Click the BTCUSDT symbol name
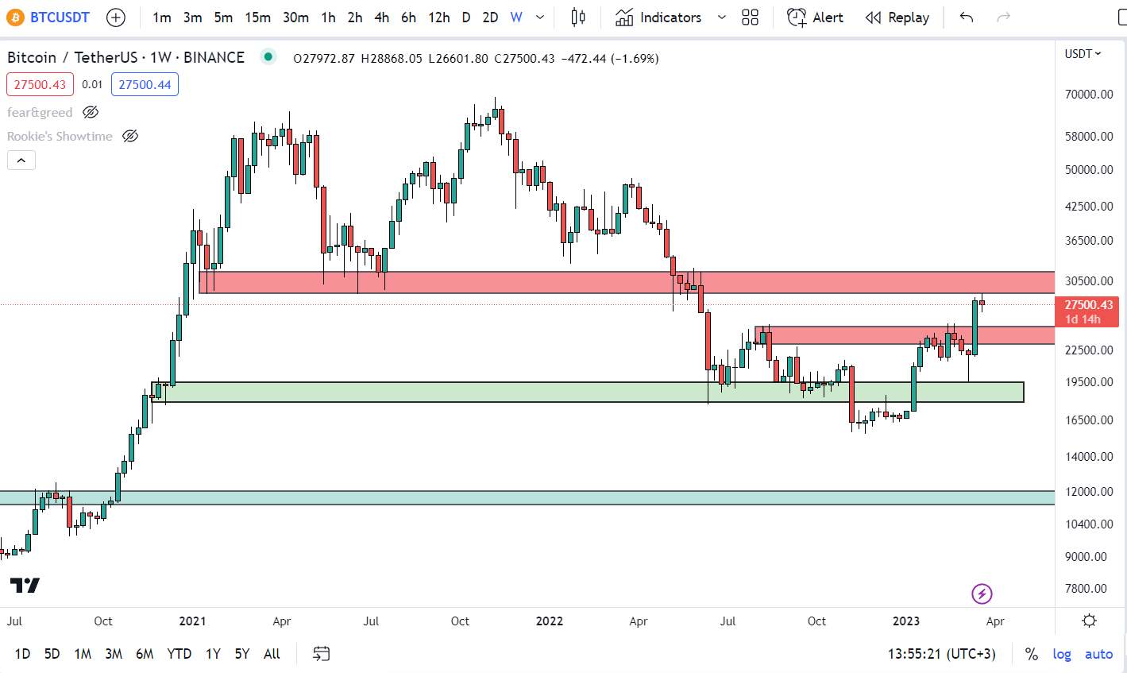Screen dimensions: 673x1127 point(60,17)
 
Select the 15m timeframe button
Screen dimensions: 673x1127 point(257,17)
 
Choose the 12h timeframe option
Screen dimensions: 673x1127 point(438,17)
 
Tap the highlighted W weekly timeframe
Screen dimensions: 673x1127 point(516,17)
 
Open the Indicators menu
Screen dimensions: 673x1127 point(659,17)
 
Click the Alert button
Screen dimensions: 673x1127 point(816,17)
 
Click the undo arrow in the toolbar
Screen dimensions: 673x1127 point(967,17)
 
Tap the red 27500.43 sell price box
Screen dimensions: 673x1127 point(40,84)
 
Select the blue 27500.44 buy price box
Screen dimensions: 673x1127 point(145,84)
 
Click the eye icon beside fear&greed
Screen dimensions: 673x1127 point(91,112)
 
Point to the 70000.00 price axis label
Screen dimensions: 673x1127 point(1089,94)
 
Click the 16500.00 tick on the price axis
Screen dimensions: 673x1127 point(1089,420)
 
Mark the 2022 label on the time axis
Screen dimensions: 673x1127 point(549,621)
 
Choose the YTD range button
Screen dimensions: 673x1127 point(179,654)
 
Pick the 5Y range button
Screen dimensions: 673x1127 point(242,654)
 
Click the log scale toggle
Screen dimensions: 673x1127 point(1062,654)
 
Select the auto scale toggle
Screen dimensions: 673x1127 point(1098,654)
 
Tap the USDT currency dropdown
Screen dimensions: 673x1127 point(1083,54)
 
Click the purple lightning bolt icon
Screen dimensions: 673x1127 point(982,594)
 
